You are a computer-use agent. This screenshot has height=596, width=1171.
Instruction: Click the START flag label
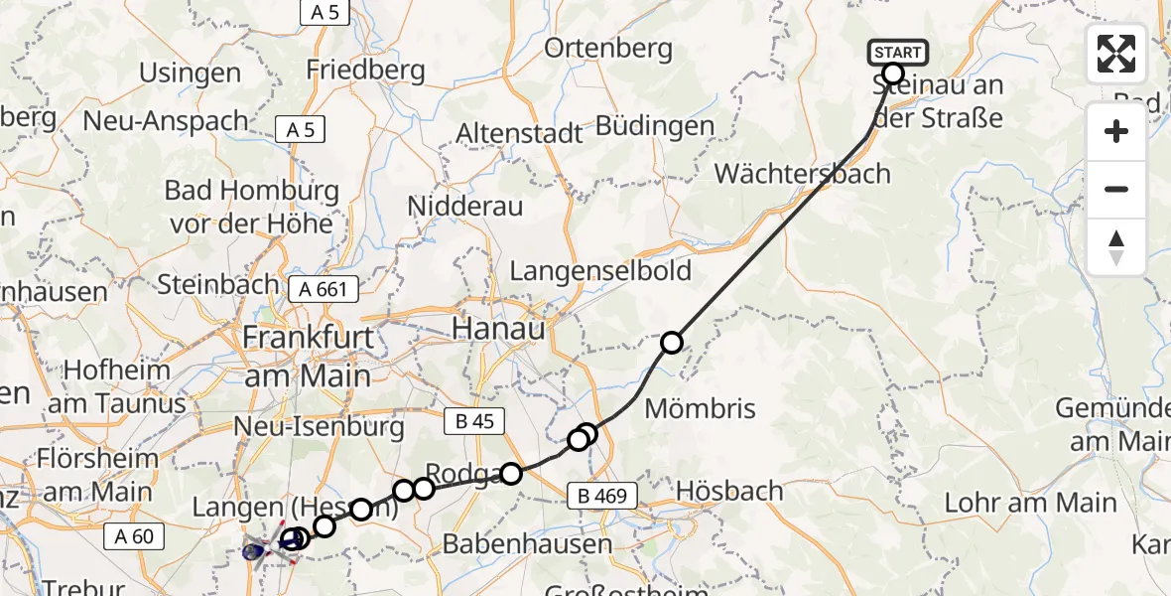897,52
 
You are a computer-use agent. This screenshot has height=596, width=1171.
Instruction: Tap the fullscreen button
1116,54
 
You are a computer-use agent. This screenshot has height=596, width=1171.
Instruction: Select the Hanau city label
499,329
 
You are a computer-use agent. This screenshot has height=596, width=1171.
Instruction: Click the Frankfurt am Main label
309,356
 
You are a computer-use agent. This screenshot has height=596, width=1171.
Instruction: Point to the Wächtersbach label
802,174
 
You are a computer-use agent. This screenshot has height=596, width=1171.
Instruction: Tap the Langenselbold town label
600,271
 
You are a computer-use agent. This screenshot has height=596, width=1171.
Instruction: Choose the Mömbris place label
700,408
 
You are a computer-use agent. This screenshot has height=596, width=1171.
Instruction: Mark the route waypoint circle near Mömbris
672,343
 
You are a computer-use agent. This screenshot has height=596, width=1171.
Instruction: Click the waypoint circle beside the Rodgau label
510,474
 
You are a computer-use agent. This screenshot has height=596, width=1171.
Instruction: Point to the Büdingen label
654,126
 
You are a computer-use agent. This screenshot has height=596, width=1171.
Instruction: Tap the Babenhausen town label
527,543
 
